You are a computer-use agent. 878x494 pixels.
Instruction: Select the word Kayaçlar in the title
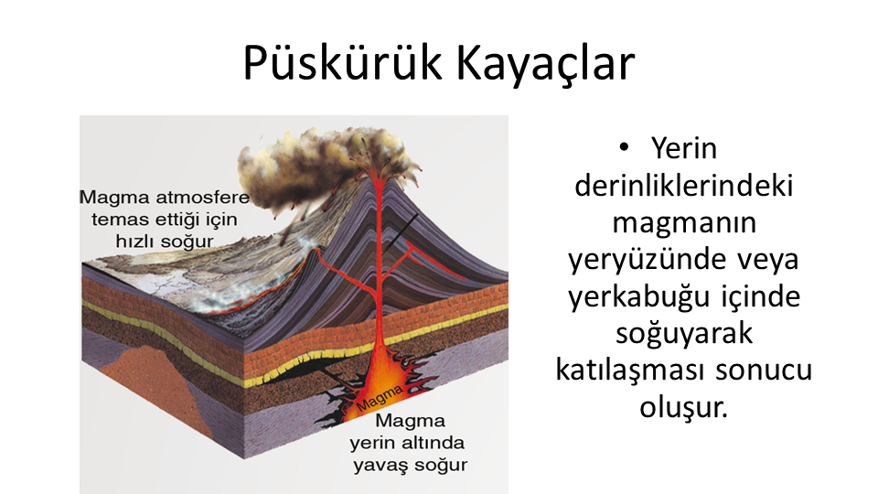click(545, 63)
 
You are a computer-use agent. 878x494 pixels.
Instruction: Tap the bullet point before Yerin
click(624, 148)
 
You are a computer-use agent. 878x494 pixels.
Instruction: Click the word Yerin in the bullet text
click(684, 148)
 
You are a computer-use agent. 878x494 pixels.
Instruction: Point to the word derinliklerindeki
click(684, 186)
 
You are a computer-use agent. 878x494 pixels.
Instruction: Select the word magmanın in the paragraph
click(684, 223)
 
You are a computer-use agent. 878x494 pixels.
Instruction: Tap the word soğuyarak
click(684, 334)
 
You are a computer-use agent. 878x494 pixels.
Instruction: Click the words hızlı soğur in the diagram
click(164, 242)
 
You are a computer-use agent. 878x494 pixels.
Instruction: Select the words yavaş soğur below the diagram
click(411, 466)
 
